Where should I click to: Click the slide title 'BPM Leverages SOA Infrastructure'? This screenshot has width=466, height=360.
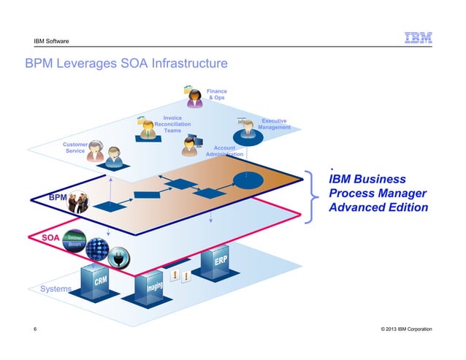(x=127, y=64)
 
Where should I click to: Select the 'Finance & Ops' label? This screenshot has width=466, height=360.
(x=217, y=95)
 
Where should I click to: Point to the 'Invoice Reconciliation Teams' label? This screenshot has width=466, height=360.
(x=172, y=124)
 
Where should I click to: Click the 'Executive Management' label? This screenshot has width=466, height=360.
(x=274, y=124)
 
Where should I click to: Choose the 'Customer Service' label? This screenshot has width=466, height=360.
(x=75, y=148)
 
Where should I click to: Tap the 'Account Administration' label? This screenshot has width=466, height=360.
(x=225, y=151)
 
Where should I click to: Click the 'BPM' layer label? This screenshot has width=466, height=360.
(x=58, y=198)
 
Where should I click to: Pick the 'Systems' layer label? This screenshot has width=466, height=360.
(x=56, y=289)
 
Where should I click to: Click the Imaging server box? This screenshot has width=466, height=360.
(x=153, y=291)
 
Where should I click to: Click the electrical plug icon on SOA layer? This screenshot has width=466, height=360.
(x=119, y=256)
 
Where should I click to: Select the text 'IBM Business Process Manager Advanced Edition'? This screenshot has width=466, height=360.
(x=378, y=194)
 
